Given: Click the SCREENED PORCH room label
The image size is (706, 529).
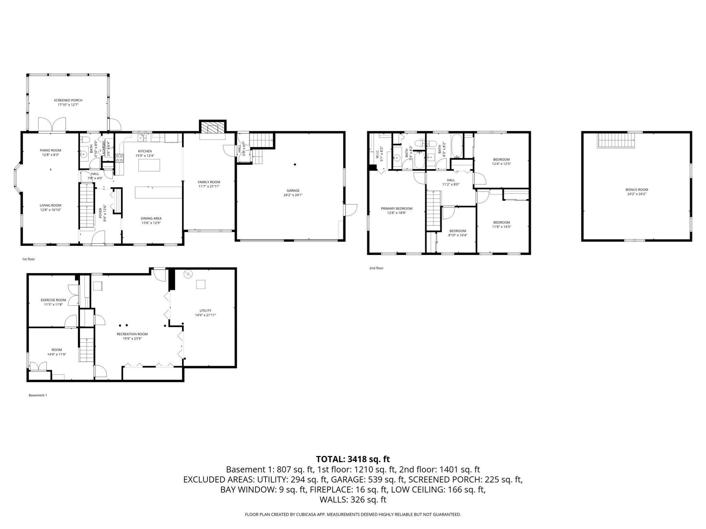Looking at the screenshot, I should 68,100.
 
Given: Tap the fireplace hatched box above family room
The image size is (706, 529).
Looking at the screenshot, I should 212,128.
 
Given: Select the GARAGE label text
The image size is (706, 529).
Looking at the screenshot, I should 293,190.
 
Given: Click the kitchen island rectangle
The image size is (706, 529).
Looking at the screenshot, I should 149,165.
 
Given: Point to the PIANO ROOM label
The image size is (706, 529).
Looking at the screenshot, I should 50,150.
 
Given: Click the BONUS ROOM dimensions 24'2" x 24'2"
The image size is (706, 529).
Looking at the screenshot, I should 636,194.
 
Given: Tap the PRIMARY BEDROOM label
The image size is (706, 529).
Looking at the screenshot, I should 396,208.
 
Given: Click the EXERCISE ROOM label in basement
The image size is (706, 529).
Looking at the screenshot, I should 53,300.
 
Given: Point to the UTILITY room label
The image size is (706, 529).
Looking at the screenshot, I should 205,310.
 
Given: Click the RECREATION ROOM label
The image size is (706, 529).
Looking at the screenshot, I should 132,334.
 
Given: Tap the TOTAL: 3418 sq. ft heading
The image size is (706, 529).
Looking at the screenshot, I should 353,459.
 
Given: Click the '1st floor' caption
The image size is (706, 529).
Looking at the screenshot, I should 28,259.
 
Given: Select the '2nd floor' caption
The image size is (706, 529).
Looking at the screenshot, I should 376,268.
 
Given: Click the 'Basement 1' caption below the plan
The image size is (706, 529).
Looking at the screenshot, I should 38,395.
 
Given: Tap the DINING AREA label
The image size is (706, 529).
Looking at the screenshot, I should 151,218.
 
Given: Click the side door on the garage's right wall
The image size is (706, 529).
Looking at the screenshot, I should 351,210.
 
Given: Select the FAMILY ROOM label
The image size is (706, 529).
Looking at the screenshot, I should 209,182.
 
